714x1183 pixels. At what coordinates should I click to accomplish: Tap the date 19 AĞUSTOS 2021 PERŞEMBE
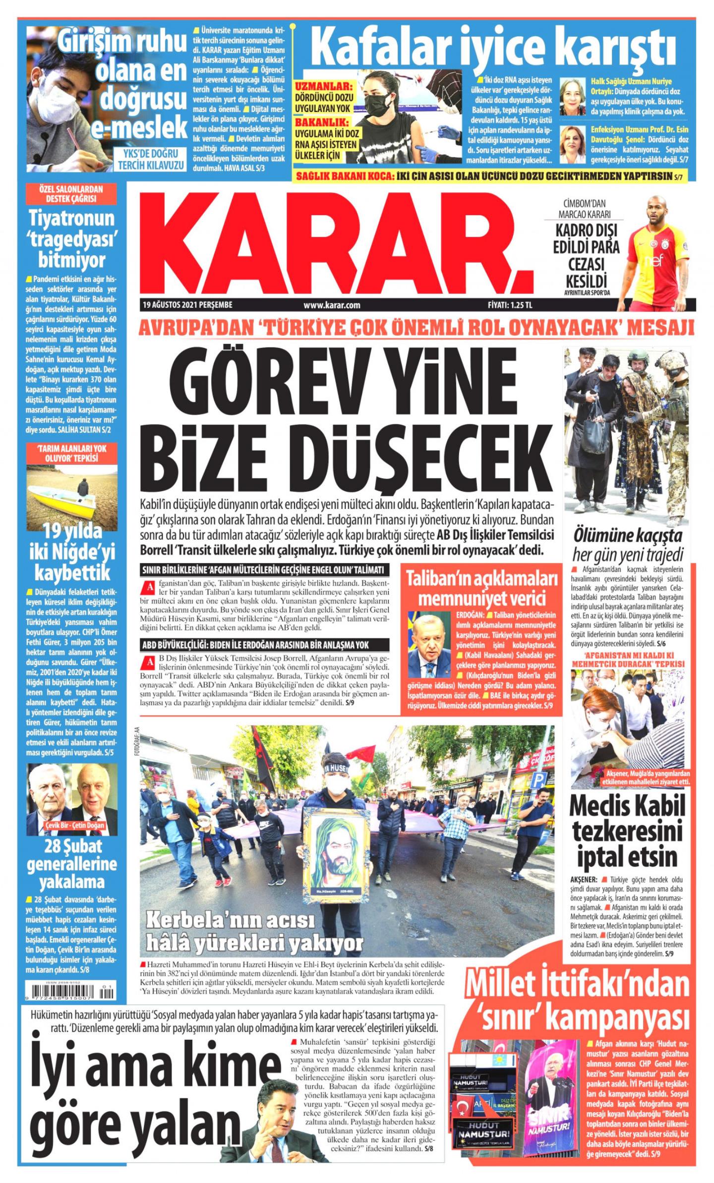(187, 305)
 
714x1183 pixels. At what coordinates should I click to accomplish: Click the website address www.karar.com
(332, 305)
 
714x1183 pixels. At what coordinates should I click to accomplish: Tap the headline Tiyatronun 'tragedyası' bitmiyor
(72, 238)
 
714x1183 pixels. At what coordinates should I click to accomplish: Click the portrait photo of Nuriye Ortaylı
(572, 96)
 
